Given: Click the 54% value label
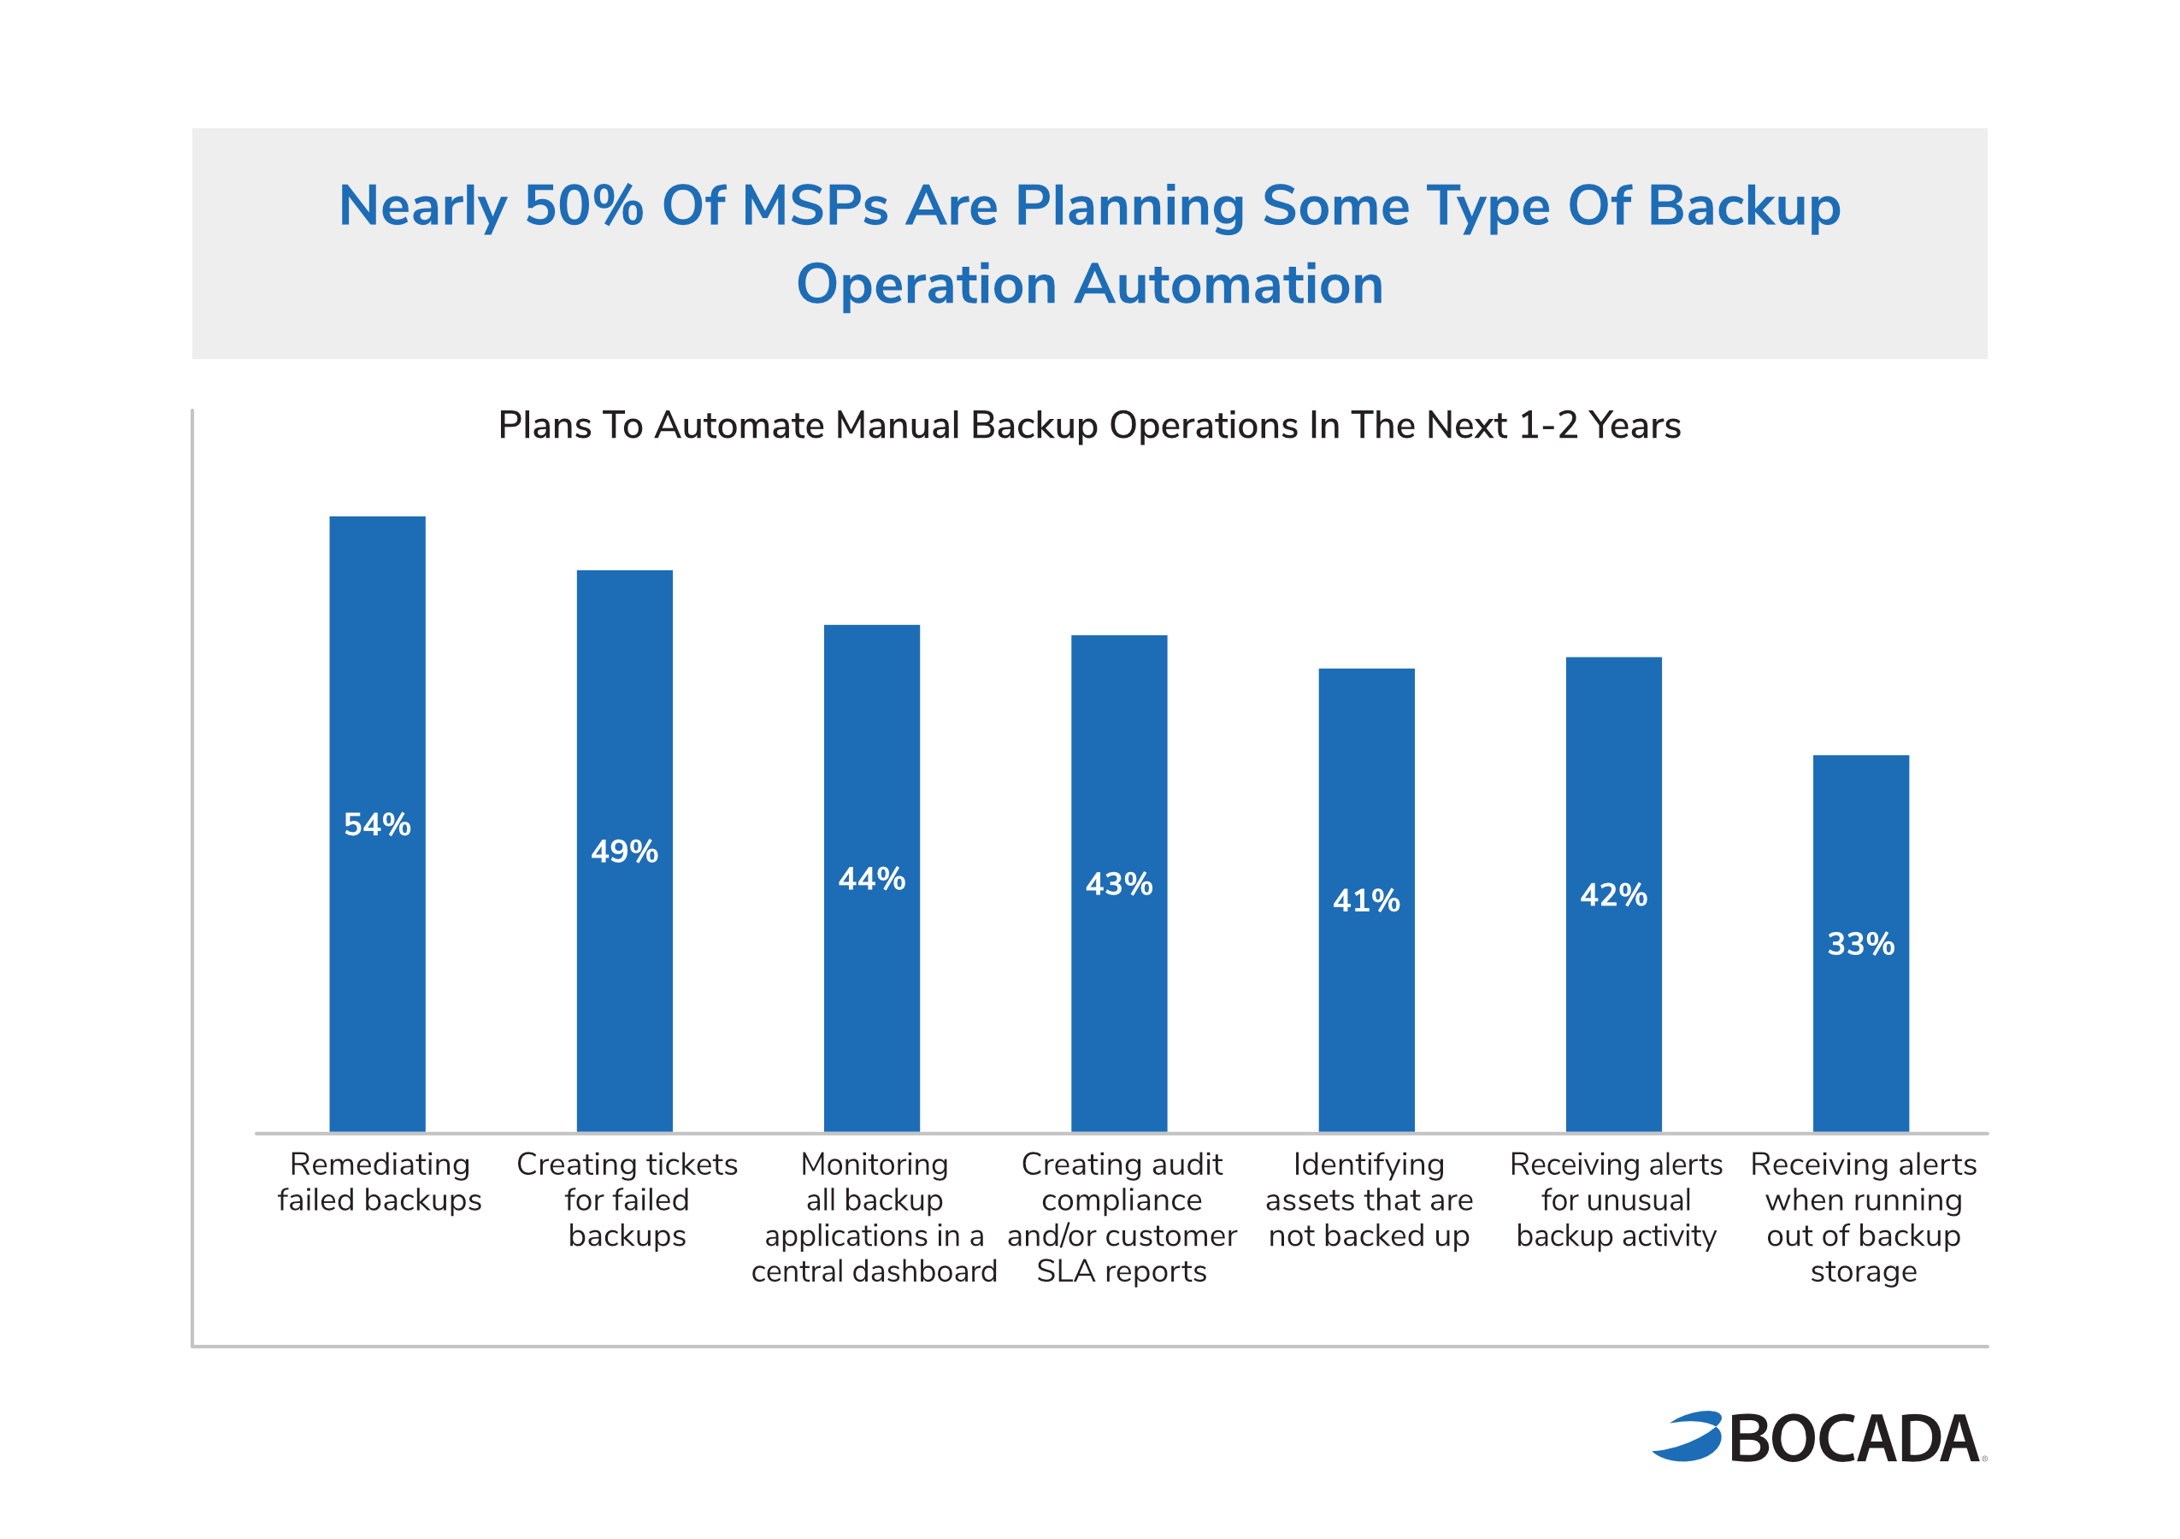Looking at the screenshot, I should [x=377, y=824].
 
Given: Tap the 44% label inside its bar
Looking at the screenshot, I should [x=872, y=879].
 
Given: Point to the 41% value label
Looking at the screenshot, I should [x=1366, y=901].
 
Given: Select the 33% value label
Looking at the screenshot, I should [x=1861, y=945].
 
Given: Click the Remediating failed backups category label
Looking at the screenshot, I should [x=380, y=1182].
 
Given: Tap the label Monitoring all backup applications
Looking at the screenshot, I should [x=874, y=1218].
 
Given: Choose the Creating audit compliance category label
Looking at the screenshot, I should [x=1122, y=1218].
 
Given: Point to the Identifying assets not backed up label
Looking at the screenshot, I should [x=1368, y=1200].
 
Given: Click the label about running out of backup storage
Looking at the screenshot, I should [x=1863, y=1218].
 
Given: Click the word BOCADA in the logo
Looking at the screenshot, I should [x=1854, y=1439].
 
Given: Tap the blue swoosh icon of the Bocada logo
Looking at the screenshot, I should [x=1689, y=1436].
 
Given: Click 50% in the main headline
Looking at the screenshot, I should [x=584, y=206].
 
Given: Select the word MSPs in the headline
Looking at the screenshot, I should [x=815, y=206].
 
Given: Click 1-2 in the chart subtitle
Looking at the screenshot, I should [x=1547, y=425].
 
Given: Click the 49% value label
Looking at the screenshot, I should [x=625, y=852].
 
